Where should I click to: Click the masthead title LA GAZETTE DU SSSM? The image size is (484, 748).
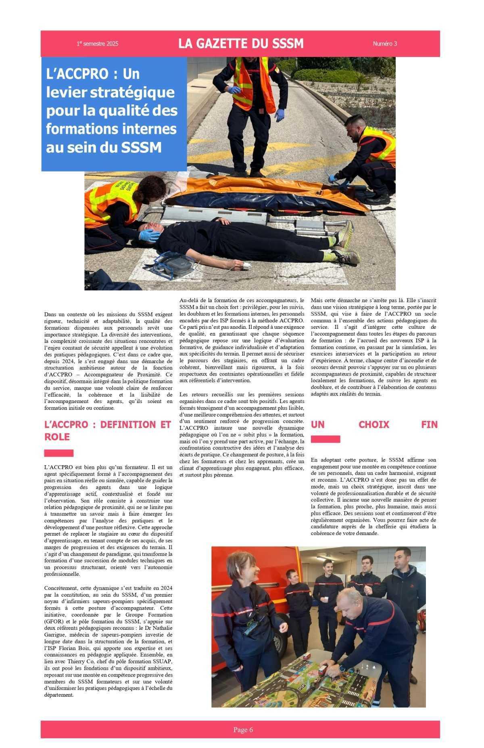coord(241,44)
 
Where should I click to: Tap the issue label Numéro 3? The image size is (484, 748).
coord(385,44)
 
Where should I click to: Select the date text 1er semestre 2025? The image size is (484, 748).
coord(98,44)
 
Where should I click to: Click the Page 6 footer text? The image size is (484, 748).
coord(243,729)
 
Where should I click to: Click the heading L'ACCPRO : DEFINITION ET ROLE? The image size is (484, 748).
coord(108,430)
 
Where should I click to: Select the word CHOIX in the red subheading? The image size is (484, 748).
coord(374,424)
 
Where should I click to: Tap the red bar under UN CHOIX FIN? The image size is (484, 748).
coord(325,439)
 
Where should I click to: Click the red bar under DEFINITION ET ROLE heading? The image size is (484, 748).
coord(59,453)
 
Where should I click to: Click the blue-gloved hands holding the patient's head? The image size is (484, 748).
coord(150,235)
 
